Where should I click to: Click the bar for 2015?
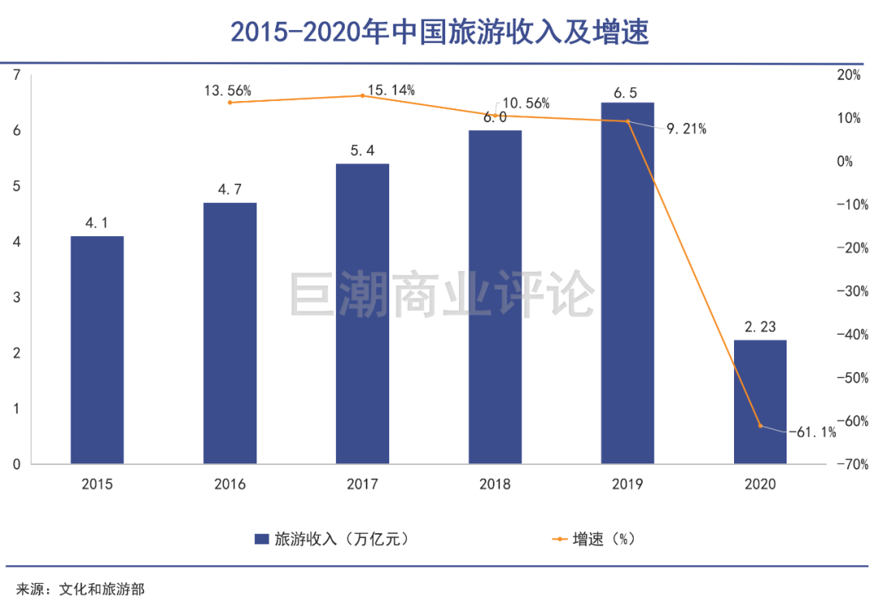pyautogui.click(x=97, y=349)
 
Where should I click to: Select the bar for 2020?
pyautogui.click(x=760, y=401)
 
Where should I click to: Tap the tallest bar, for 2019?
pyautogui.click(x=627, y=283)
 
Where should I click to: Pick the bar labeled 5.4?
pyautogui.click(x=363, y=313)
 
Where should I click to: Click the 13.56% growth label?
pyautogui.click(x=227, y=91)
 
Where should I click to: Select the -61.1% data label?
pyautogui.click(x=812, y=433)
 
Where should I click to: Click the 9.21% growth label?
pyautogui.click(x=686, y=128)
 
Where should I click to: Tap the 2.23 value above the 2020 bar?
pyautogui.click(x=760, y=326)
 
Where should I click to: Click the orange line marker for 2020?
pyautogui.click(x=760, y=425)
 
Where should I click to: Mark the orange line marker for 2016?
pyautogui.click(x=230, y=103)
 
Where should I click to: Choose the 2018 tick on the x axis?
pyautogui.click(x=494, y=484)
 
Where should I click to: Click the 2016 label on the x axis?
pyautogui.click(x=230, y=484)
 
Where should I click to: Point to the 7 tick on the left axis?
pyautogui.click(x=16, y=75)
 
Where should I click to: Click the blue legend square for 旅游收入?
pyautogui.click(x=261, y=539)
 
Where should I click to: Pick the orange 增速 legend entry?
pyautogui.click(x=591, y=539)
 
